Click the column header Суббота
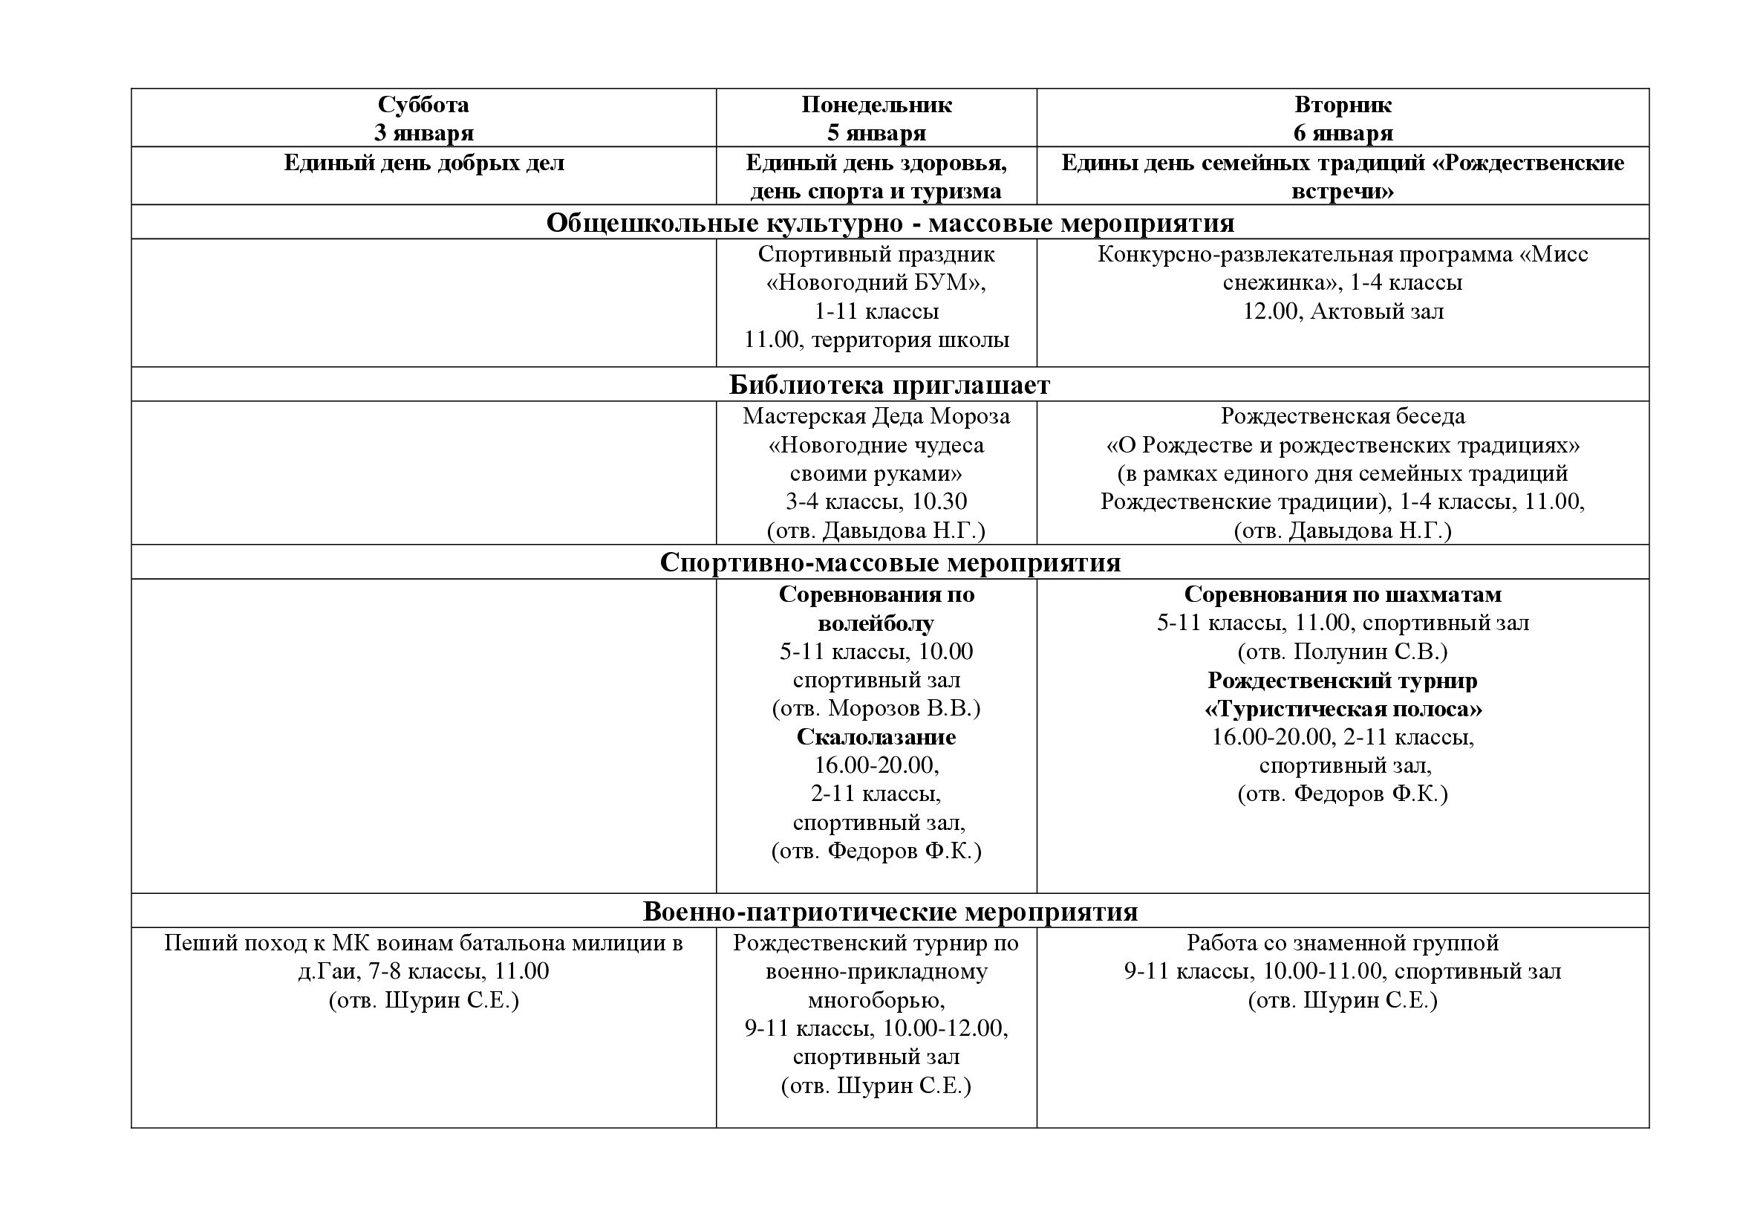pos(423,105)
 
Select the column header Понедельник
pos(876,105)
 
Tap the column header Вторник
pos(1342,105)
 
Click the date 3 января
pos(423,133)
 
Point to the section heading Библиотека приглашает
pos(889,385)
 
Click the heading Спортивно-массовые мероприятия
pos(890,562)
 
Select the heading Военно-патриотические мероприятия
pos(890,911)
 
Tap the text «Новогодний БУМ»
pos(876,283)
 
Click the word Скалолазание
pos(876,737)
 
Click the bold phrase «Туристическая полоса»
pos(1342,709)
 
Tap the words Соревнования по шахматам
pos(1342,595)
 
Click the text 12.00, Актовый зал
pos(1342,312)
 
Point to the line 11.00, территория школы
pos(876,340)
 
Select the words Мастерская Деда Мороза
pos(876,416)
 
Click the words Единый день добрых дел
pos(423,163)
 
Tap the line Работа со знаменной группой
pos(1342,943)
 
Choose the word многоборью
pos(876,1000)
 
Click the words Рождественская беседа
pos(1342,416)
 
